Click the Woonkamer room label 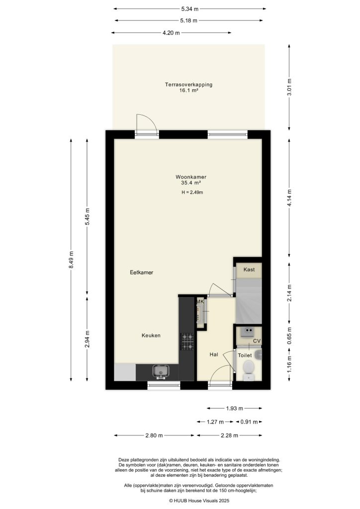pos(190,177)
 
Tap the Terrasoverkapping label pos(188,85)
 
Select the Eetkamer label pos(141,272)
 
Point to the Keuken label pos(151,336)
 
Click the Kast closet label pos(249,269)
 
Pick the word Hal pos(214,354)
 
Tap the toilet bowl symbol pos(249,369)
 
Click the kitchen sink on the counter pos(161,371)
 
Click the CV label pos(257,341)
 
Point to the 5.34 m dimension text pos(189,8)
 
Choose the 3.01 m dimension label pos(290,86)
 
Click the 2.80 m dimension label pos(154,435)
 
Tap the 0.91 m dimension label pos(249,422)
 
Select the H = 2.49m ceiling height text pos(192,192)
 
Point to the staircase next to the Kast pos(247,301)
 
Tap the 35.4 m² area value pos(190,183)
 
